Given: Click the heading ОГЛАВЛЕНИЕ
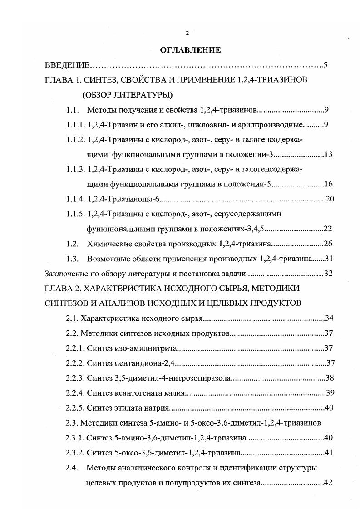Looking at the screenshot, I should pos(190,50).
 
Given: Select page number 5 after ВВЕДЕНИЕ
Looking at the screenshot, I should pos(325,65).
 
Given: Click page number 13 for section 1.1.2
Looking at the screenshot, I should pos(328,154).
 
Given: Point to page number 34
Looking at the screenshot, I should pos(329,318).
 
